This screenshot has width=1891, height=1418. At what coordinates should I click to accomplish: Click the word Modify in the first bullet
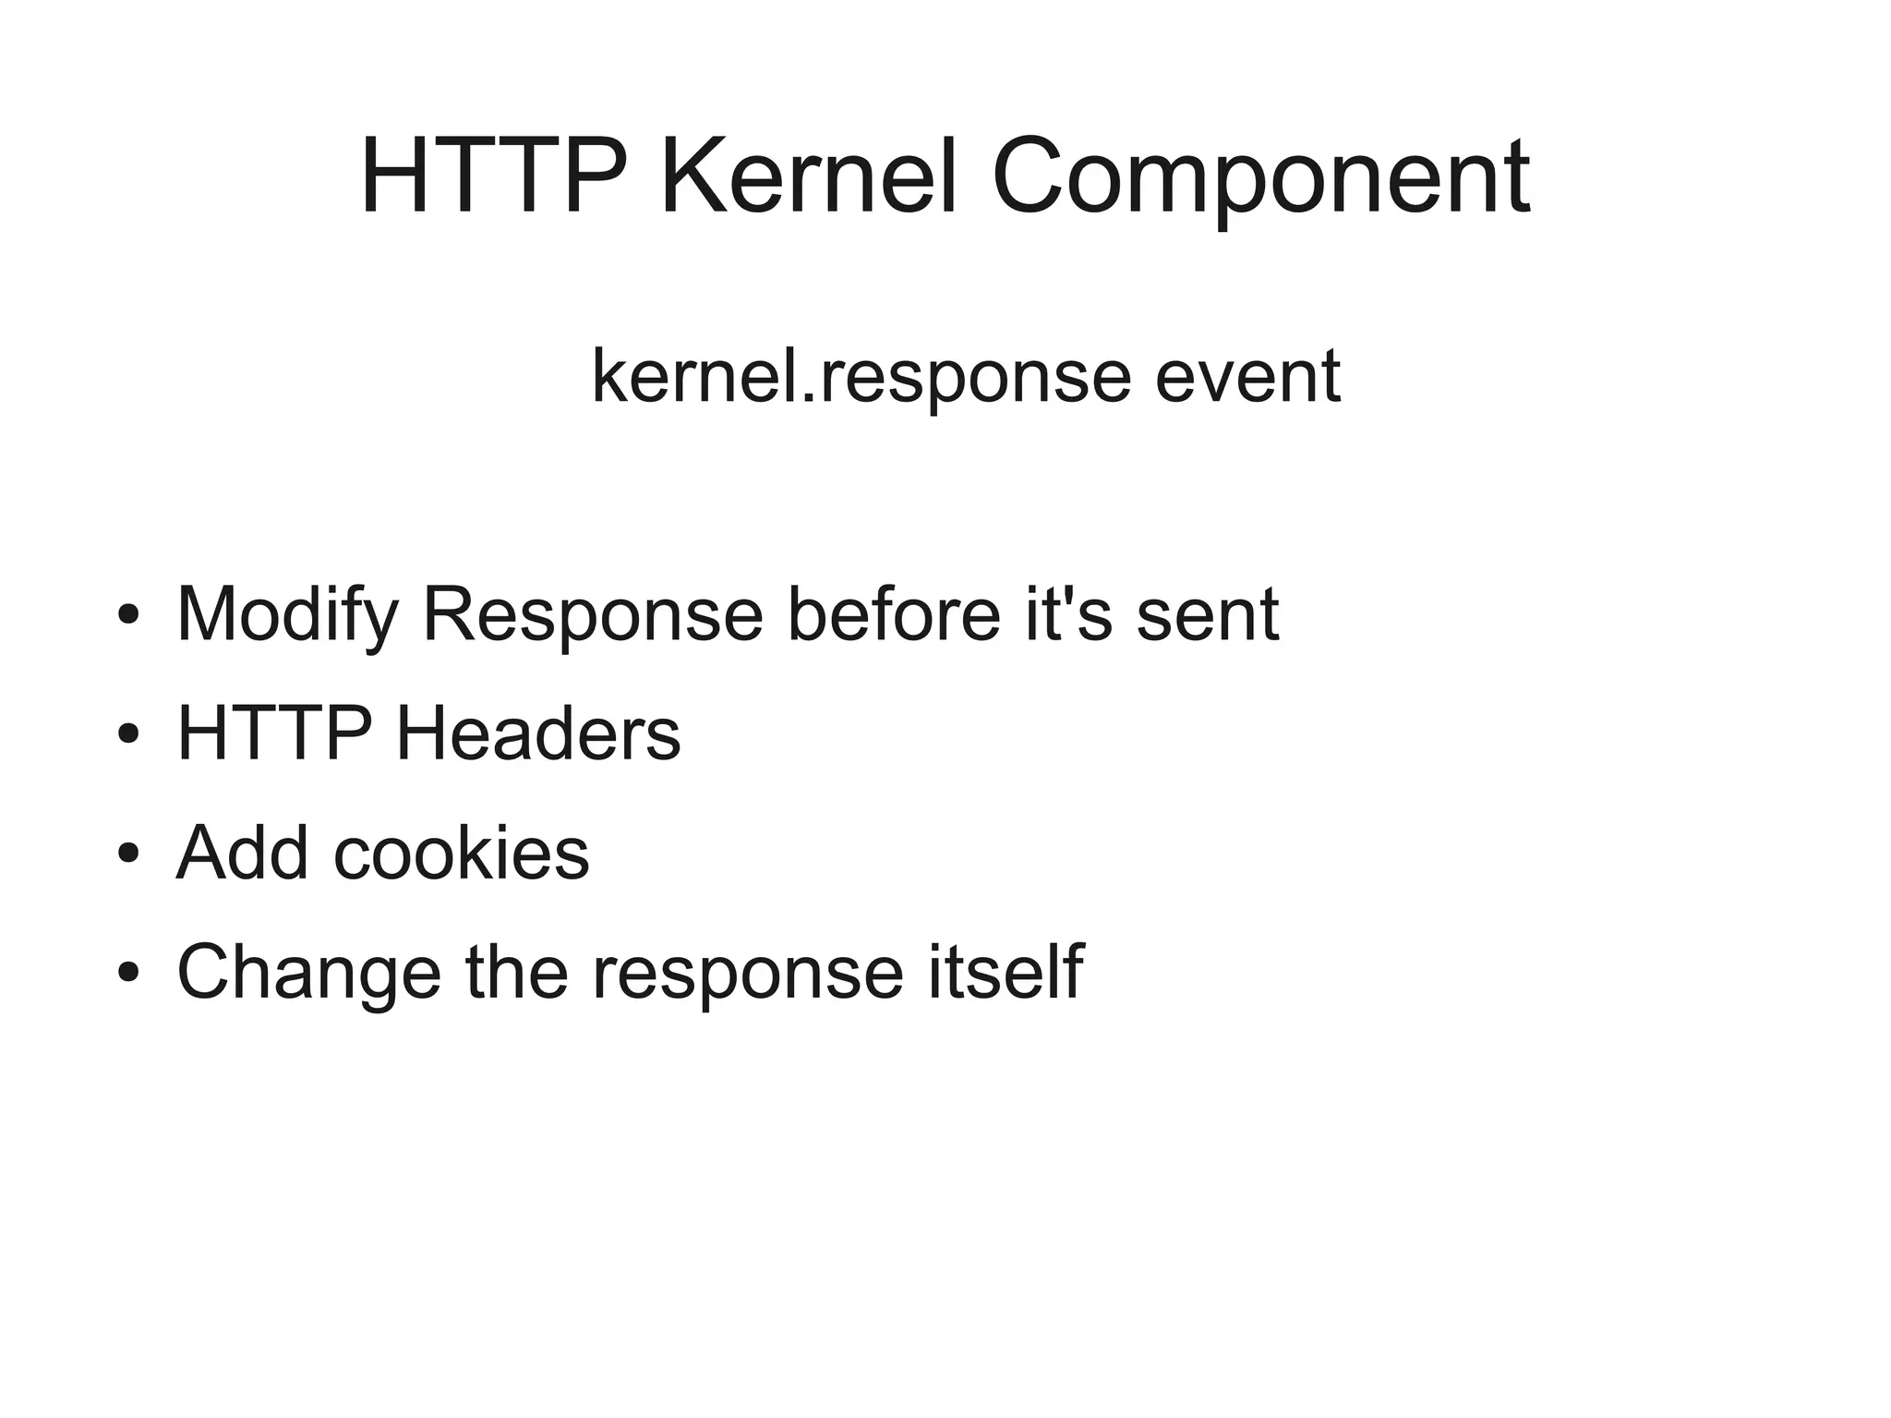click(287, 616)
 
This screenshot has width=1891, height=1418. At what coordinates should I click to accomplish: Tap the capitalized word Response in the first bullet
click(592, 616)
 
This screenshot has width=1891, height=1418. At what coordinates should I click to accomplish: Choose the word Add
click(242, 852)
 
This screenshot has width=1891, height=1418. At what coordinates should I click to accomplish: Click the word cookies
click(461, 852)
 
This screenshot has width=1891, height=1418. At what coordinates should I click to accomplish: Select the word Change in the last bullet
click(308, 972)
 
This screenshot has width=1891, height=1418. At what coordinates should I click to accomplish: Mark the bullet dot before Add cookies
click(128, 854)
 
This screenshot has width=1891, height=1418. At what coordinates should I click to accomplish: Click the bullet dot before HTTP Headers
click(128, 734)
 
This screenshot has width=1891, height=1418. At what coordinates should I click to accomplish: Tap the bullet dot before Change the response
click(128, 973)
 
